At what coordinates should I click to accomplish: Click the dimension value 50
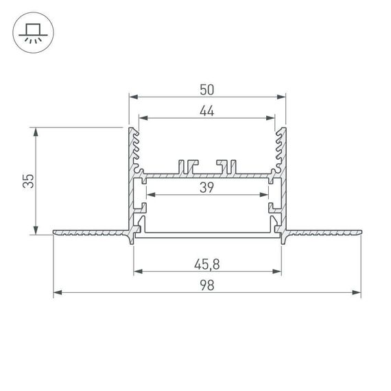(x=207, y=89)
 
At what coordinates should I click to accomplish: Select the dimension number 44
(x=207, y=112)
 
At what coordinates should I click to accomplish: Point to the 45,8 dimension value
(x=207, y=263)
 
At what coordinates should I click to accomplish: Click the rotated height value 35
(x=28, y=181)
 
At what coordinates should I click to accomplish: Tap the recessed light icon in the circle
(x=32, y=34)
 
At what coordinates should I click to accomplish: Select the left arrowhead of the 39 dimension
(x=151, y=195)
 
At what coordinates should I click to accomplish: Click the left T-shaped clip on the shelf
(x=186, y=166)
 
